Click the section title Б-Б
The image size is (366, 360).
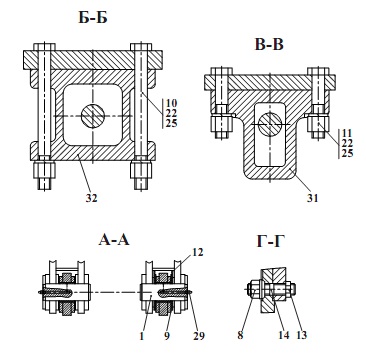click(x=93, y=18)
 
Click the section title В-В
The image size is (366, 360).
click(x=269, y=45)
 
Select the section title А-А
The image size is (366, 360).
click(x=113, y=240)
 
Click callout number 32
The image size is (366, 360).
click(x=91, y=198)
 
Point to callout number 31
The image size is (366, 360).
click(x=313, y=198)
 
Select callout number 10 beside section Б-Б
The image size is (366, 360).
click(x=172, y=102)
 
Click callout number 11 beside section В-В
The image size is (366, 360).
click(x=347, y=133)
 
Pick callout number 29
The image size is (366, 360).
click(x=198, y=336)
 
